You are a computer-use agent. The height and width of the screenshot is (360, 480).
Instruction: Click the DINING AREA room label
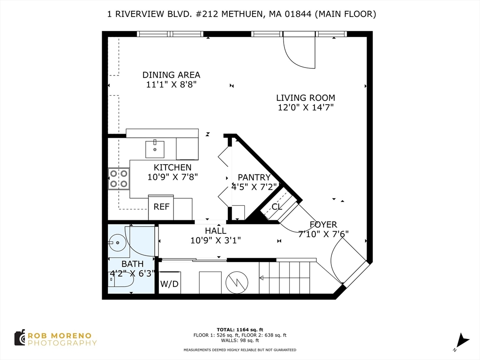pyautogui.click(x=171, y=75)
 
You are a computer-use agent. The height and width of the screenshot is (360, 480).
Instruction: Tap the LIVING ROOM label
pyautogui.click(x=306, y=98)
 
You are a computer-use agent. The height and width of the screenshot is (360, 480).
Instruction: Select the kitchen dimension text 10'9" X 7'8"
pyautogui.click(x=172, y=177)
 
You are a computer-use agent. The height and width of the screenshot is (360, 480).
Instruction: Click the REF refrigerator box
pyautogui.click(x=161, y=207)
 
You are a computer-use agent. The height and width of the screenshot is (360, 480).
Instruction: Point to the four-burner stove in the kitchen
pyautogui.click(x=119, y=179)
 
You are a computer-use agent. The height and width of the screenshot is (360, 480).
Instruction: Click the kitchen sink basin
pyautogui.click(x=155, y=149)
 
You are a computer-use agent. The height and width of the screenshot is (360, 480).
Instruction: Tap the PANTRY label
pyautogui.click(x=254, y=178)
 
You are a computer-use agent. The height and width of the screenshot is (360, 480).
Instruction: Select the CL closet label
pyautogui.click(x=277, y=207)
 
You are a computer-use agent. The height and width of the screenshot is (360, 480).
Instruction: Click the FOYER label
pyautogui.click(x=323, y=225)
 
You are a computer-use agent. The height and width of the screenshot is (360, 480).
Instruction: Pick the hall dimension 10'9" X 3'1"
pyautogui.click(x=216, y=240)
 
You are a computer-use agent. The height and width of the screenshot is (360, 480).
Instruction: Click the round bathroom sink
pyautogui.click(x=118, y=243)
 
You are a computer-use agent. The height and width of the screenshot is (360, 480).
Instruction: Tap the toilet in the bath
pyautogui.click(x=121, y=279)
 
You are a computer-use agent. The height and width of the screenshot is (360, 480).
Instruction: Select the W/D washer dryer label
pyautogui.click(x=169, y=284)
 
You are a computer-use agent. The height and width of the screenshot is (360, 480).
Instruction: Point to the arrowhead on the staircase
pyautogui.click(x=262, y=278)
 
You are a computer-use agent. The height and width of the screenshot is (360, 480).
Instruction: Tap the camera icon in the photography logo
pyautogui.click(x=20, y=338)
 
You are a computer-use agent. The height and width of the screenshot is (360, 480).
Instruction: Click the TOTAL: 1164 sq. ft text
pyautogui.click(x=240, y=330)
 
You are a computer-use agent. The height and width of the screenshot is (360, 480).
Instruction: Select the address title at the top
pyautogui.click(x=241, y=14)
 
